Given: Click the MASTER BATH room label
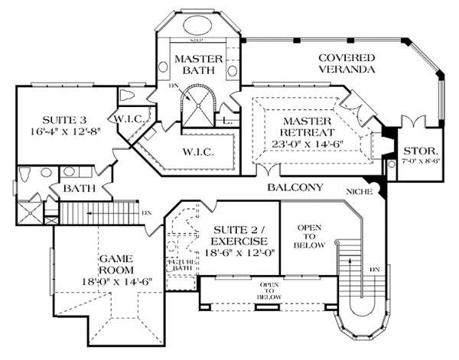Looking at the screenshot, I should (x=197, y=65).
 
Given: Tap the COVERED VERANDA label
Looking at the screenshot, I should (x=346, y=63).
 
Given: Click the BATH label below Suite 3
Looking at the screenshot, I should (x=79, y=187).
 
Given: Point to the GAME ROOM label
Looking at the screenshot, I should (x=117, y=264).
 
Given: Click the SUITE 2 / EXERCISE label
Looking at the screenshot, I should (x=231, y=235).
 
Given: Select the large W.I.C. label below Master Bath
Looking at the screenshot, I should (x=197, y=151).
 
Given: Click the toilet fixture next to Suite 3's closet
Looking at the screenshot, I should (x=128, y=96).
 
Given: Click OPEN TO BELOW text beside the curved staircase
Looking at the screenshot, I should (x=310, y=236).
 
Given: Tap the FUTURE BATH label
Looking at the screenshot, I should (x=181, y=263).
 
